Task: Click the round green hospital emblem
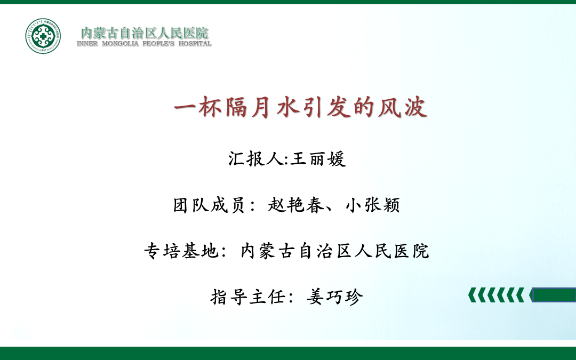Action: tap(43, 36)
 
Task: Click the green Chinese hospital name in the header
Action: tap(145, 33)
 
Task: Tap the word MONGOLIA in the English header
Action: tap(120, 44)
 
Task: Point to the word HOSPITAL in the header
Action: tap(195, 44)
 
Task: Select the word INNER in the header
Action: tap(87, 44)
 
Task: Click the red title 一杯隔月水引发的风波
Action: tap(300, 107)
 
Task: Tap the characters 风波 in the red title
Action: tap(403, 107)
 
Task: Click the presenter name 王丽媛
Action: tap(318, 159)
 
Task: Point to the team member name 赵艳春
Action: tap(296, 205)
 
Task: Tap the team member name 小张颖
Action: tap(372, 205)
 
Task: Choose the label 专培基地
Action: tap(181, 251)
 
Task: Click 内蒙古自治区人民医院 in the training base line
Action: tap(334, 251)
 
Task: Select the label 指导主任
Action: tap(248, 297)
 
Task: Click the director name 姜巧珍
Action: tap(334, 297)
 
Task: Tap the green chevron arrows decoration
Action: tap(497, 295)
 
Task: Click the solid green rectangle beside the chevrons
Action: tap(554, 295)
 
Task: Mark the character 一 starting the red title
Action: tap(185, 107)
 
